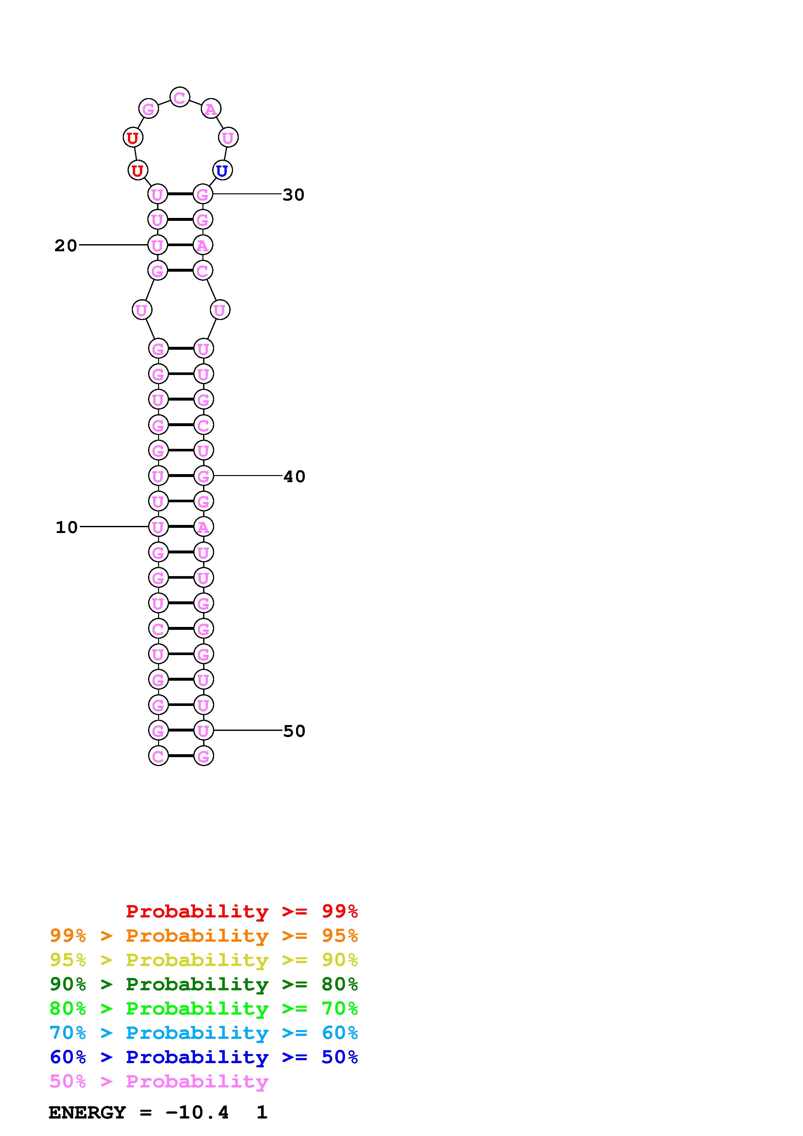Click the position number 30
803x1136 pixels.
point(293,195)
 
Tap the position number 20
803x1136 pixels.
point(66,245)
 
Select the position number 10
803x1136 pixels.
point(67,528)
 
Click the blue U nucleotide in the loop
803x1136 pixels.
point(222,171)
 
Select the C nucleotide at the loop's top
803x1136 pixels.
point(179,97)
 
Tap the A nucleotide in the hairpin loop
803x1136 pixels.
point(211,109)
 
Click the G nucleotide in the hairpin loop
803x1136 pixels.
point(148,109)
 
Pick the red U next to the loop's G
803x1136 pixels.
point(132,138)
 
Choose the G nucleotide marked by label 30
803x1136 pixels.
point(202,194)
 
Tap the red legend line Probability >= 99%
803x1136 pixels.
point(241,911)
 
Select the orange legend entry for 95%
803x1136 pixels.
point(204,936)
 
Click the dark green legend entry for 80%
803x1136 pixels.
point(204,984)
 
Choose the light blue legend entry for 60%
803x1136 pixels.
point(204,1033)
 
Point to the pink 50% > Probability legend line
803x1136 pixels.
point(159,1081)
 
